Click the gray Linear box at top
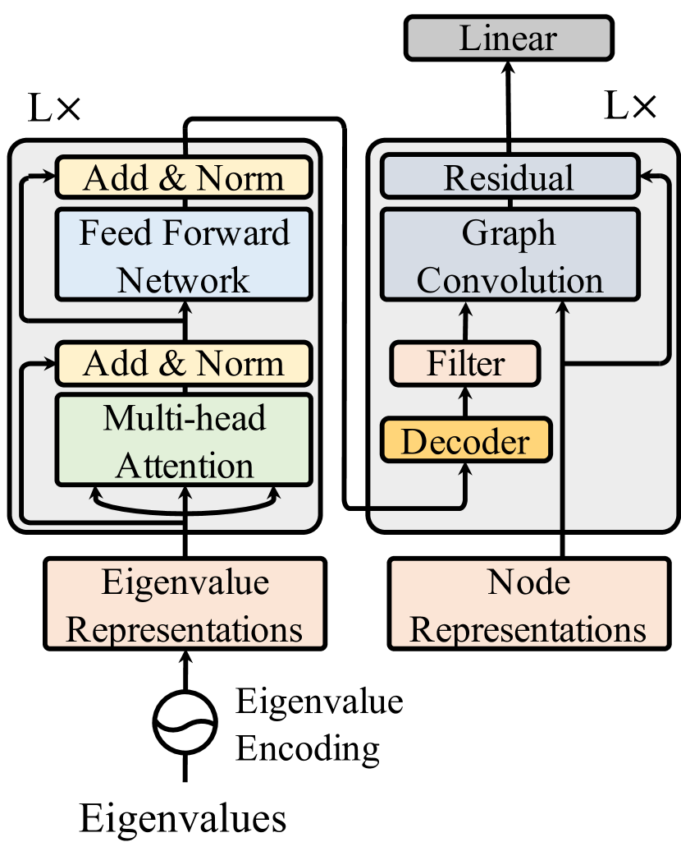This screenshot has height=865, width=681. coord(508,38)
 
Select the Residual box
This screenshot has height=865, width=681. coord(509,177)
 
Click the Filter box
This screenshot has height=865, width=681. coord(465,364)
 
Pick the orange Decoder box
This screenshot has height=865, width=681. coord(465,441)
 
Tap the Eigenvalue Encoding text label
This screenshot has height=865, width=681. coord(319,725)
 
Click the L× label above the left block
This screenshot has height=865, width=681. coord(54,109)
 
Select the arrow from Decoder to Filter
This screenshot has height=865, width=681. coord(465,403)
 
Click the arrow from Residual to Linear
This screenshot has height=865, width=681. coord(509,107)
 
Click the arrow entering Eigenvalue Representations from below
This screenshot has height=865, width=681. coord(185,670)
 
